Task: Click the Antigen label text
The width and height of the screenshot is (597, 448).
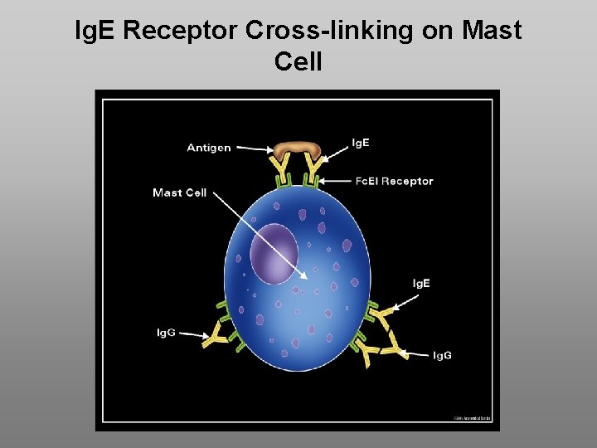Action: tap(209, 148)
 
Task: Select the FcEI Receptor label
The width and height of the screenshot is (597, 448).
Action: tap(395, 181)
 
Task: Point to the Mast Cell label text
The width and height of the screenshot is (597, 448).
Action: tap(179, 192)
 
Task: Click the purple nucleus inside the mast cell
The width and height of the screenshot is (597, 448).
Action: tap(274, 252)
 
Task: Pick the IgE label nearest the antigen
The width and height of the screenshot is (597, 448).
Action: tap(361, 143)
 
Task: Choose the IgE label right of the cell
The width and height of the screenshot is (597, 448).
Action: tap(421, 284)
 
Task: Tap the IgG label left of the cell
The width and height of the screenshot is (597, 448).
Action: tap(166, 333)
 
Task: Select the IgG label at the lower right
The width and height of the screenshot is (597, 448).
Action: tap(442, 355)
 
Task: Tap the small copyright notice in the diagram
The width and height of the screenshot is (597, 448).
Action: tap(472, 418)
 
